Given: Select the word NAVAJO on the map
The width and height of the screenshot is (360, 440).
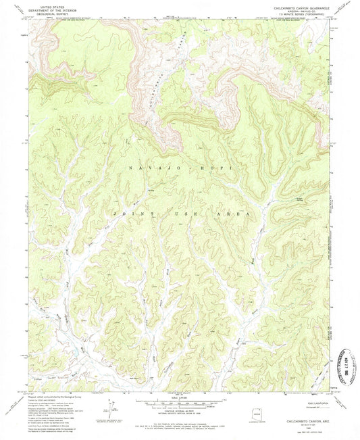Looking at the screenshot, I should (143, 167).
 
